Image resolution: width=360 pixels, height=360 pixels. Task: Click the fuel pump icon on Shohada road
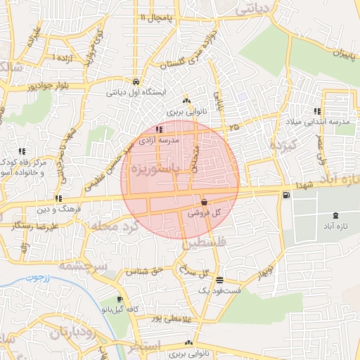285,196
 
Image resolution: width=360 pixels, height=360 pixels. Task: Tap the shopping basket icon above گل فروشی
203,201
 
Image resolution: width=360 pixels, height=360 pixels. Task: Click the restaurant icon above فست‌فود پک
219,279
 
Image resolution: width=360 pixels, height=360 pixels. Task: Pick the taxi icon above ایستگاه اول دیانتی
135,81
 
